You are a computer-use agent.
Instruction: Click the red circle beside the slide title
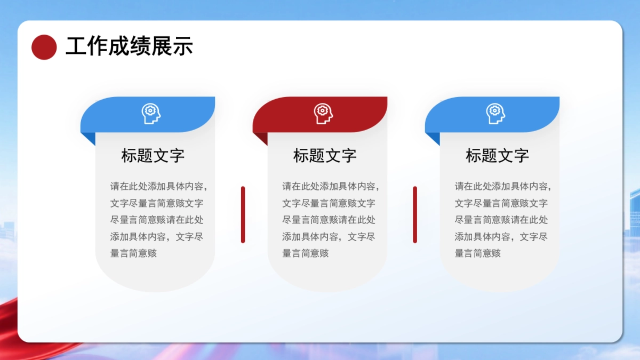coord(44,47)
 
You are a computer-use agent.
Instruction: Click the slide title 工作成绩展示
coord(129,47)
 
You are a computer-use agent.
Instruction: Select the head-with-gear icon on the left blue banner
coord(151,114)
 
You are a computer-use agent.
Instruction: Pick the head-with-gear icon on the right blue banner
coord(495,114)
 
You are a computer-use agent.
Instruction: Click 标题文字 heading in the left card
coord(153,156)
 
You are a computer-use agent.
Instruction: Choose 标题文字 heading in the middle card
coord(325,156)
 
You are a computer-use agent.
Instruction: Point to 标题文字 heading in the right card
coord(497,156)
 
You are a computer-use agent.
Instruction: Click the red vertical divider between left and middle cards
coord(243,214)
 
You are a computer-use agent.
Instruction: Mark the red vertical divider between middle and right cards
coord(415,214)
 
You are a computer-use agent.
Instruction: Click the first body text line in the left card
coord(158,187)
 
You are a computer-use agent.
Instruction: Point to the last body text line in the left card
coord(133,253)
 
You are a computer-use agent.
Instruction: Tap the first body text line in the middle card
coord(331,187)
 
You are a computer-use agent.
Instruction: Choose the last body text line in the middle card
coord(306,253)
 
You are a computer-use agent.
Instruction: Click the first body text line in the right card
coord(503,187)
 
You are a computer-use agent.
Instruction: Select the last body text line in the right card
coord(478,253)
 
